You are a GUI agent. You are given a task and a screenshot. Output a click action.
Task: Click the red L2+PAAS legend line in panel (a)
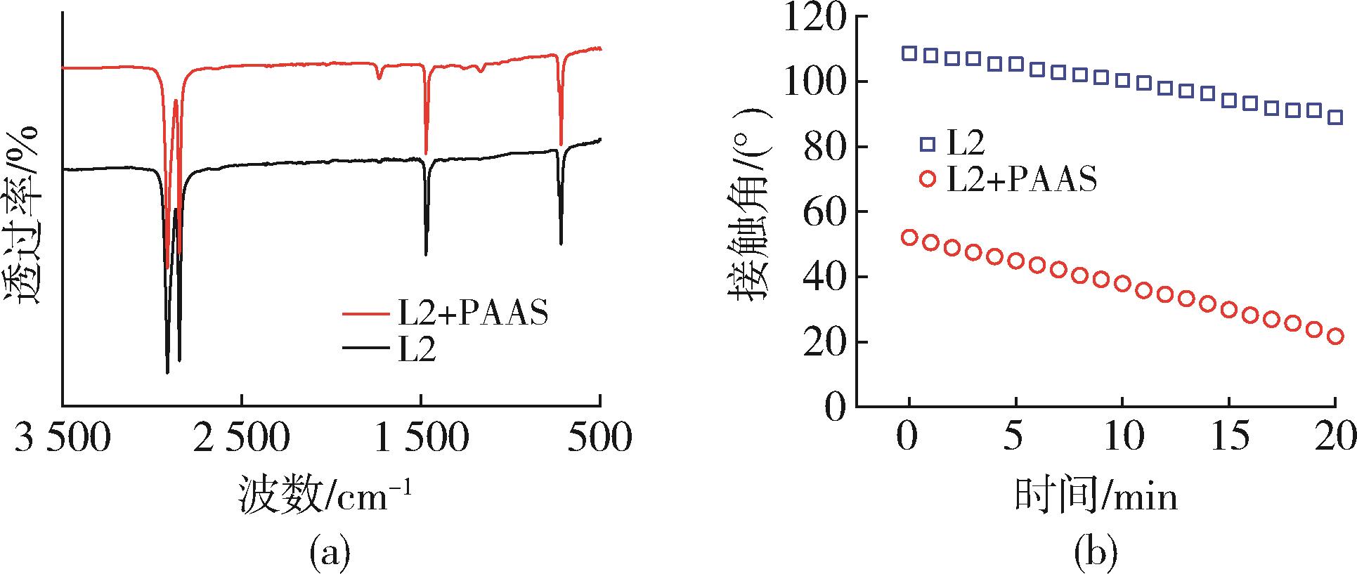pos(368,314)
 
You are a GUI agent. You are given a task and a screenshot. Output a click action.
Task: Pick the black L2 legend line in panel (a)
pos(368,348)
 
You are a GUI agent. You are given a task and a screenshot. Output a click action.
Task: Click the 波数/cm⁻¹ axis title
pos(324,496)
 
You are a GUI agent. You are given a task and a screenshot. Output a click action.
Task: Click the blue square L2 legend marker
pos(928,144)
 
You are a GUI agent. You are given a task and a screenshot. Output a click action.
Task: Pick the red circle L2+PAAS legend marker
pos(928,179)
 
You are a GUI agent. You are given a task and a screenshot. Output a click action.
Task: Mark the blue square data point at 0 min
pos(909,53)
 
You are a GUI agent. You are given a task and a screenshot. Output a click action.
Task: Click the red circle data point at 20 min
pos(1335,337)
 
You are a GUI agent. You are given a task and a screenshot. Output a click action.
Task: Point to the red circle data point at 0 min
pos(909,237)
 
